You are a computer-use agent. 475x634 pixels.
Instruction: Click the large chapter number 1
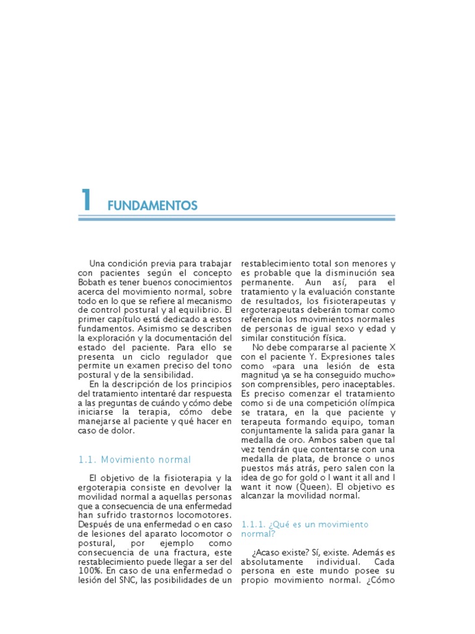86,199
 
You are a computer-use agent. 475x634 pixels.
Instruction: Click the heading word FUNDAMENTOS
152,205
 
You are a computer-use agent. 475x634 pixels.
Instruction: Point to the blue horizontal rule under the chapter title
237,219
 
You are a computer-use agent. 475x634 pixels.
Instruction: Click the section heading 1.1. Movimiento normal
135,459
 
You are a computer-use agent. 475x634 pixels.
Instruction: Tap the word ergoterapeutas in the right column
271,310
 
